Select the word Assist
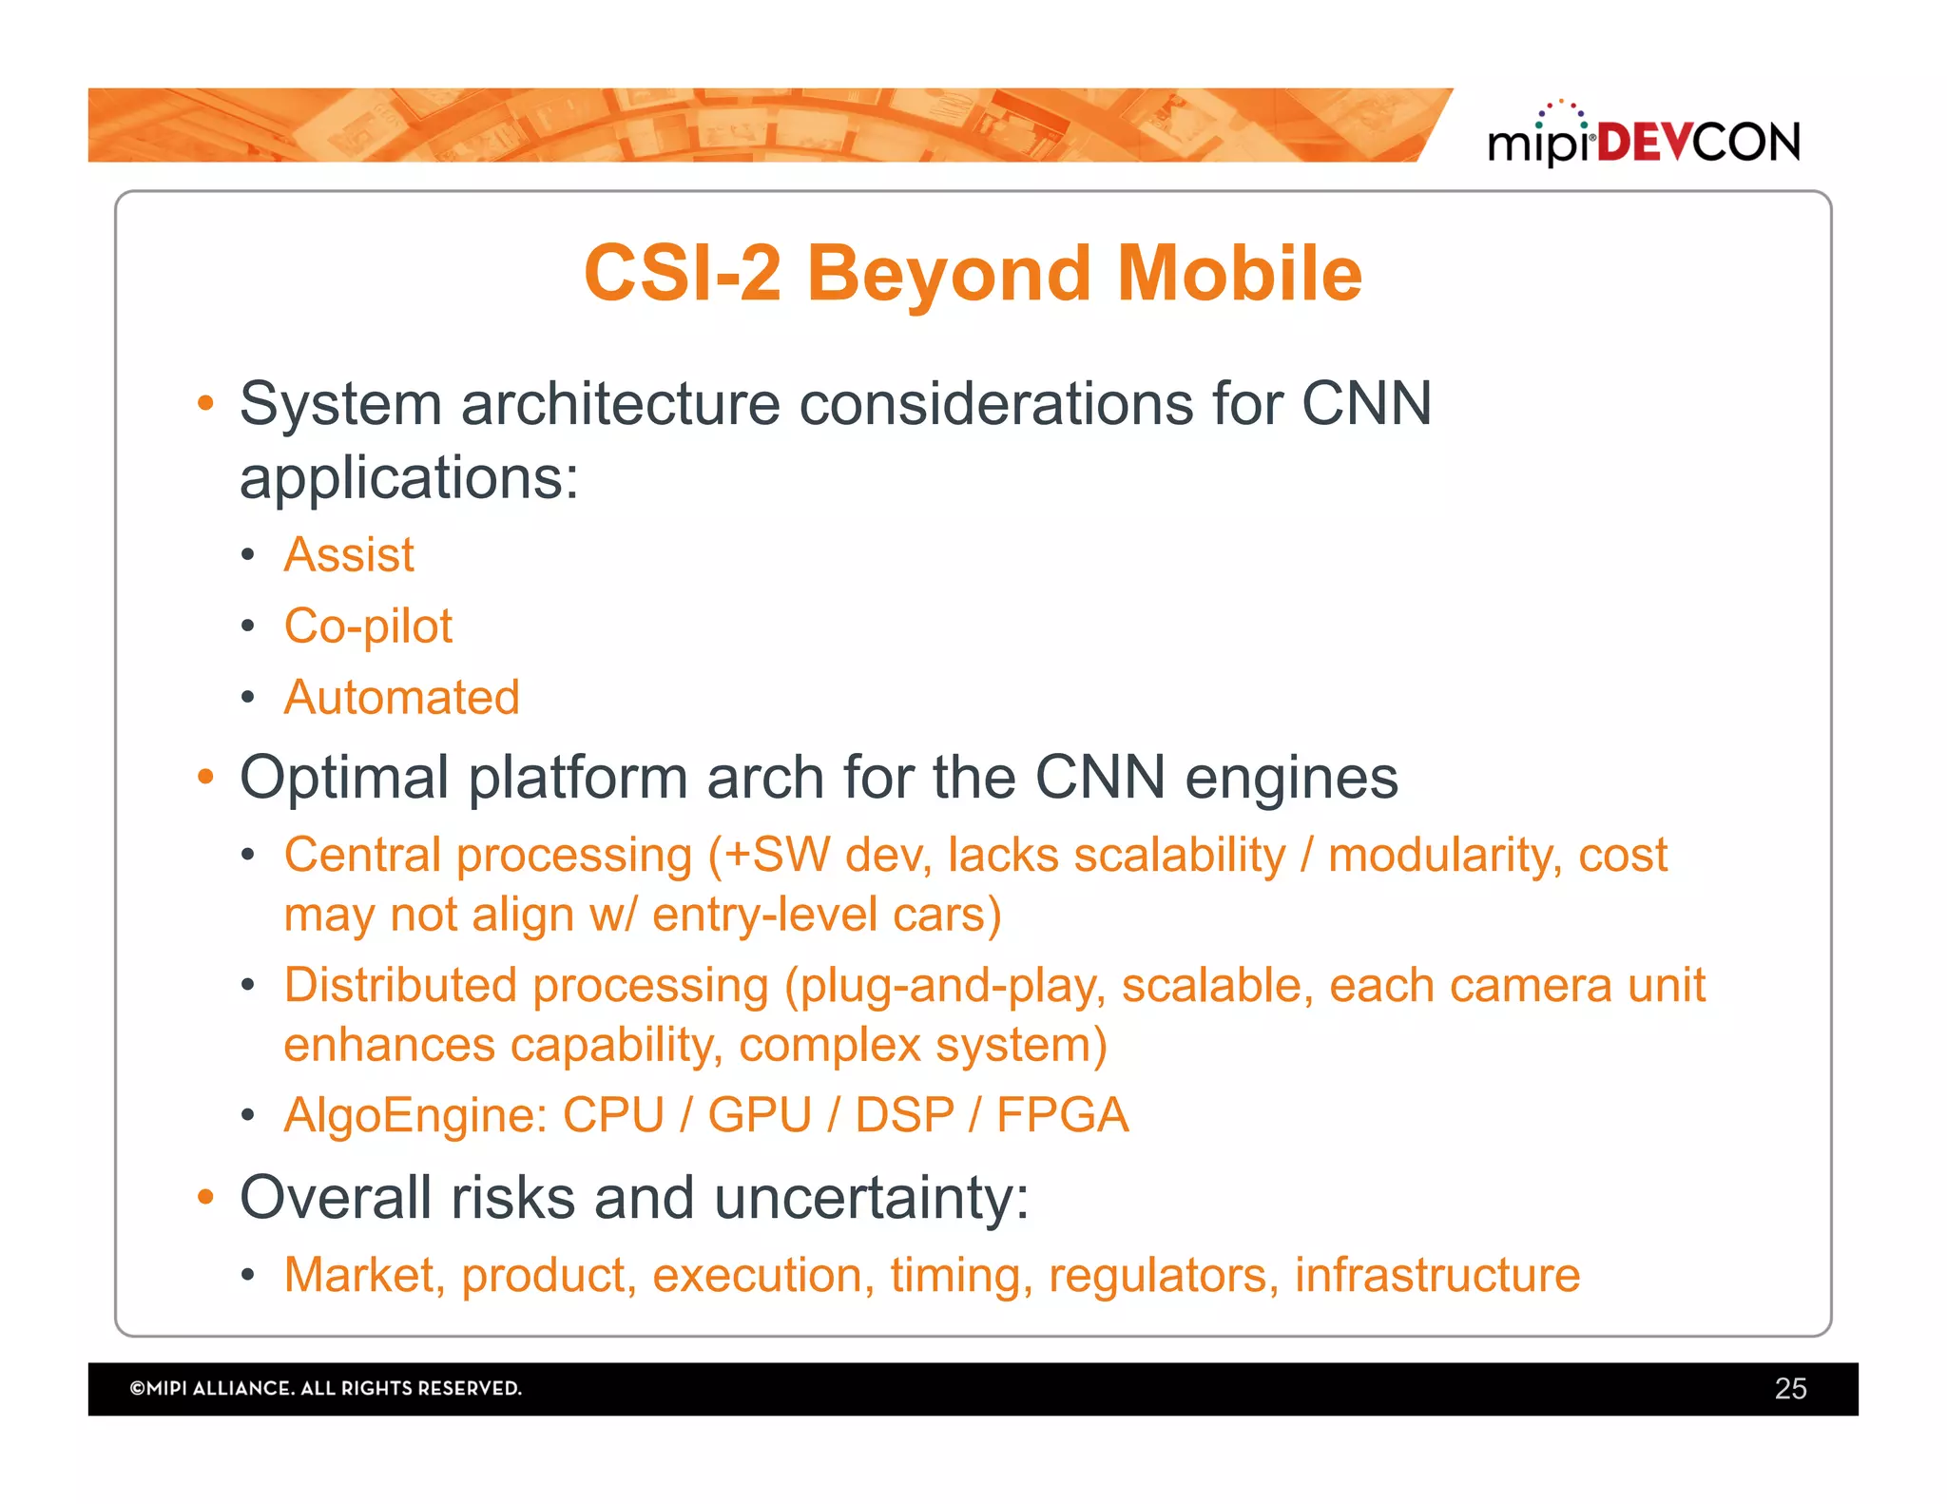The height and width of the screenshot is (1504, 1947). pyautogui.click(x=349, y=554)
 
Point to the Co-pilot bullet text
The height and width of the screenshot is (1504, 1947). pyautogui.click(x=368, y=627)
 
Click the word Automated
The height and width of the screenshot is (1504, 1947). pyautogui.click(x=401, y=697)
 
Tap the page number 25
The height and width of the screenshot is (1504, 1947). pyautogui.click(x=1790, y=1388)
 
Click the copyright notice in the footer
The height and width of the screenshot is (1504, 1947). pyautogui.click(x=325, y=1388)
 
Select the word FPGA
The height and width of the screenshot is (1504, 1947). pyautogui.click(x=1062, y=1114)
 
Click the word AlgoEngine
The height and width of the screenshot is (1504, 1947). pyautogui.click(x=415, y=1115)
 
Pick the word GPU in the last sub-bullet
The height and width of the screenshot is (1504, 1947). pyautogui.click(x=760, y=1114)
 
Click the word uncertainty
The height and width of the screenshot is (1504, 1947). pyautogui.click(x=871, y=1197)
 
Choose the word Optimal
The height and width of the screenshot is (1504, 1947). pyautogui.click(x=344, y=778)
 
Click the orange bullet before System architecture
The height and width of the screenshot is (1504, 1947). pyautogui.click(x=205, y=403)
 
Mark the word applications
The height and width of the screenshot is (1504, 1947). pyautogui.click(x=408, y=477)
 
